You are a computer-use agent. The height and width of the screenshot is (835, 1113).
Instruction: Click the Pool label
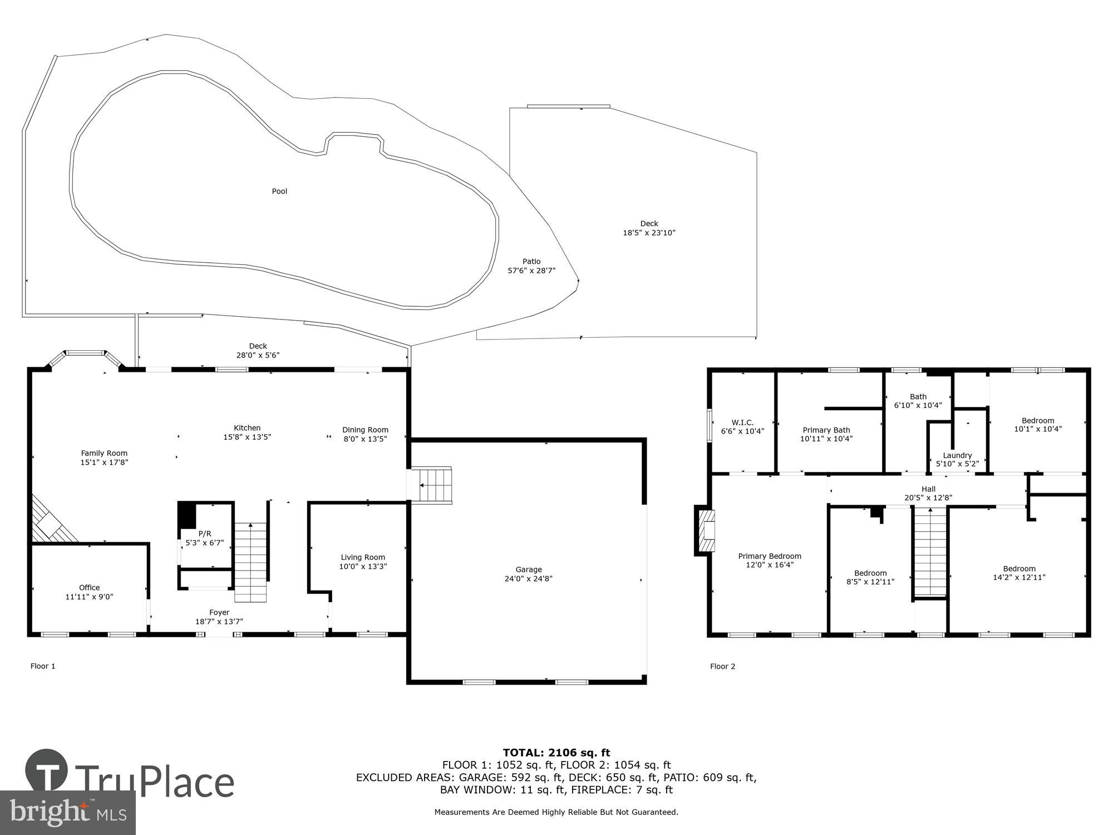point(279,191)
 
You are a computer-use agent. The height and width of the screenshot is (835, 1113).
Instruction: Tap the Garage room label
point(528,569)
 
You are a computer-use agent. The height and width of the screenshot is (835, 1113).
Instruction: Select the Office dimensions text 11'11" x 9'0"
point(89,597)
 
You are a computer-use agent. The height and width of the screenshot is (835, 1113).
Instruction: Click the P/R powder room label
point(205,533)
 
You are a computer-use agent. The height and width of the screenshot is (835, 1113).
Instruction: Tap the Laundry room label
point(957,455)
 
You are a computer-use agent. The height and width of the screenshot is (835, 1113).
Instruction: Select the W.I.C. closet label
point(742,423)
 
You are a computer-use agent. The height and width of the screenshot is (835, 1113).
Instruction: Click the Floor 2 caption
point(722,666)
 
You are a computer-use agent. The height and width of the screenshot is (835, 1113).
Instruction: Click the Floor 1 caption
point(43,666)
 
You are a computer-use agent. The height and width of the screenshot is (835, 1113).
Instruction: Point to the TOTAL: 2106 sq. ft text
point(556,753)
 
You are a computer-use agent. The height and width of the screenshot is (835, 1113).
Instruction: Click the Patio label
point(531,261)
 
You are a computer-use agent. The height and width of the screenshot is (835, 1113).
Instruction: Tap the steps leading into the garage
point(435,485)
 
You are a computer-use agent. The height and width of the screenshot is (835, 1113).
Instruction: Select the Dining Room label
point(365,430)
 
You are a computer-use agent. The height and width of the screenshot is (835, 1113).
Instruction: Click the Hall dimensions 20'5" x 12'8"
point(928,498)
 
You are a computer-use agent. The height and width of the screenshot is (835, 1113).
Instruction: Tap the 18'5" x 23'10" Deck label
point(649,233)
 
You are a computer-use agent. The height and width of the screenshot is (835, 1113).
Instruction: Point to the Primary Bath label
point(826,430)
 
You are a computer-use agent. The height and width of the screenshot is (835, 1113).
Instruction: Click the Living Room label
point(363,557)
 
